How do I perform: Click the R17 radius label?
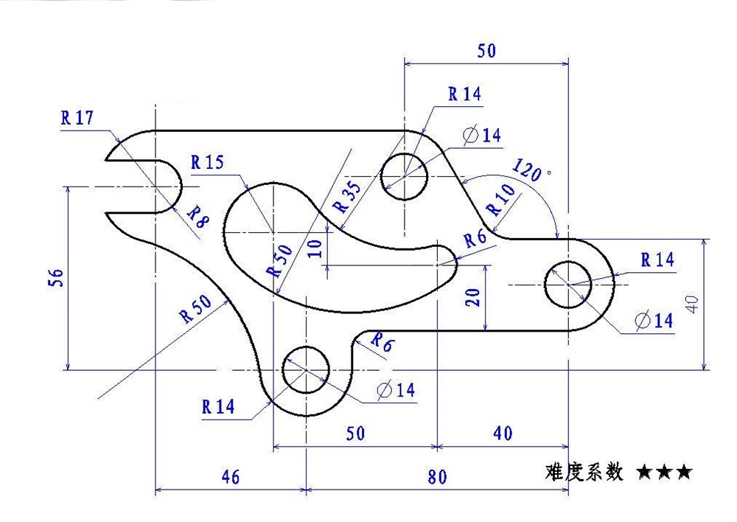(77, 118)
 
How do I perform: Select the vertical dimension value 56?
(58, 276)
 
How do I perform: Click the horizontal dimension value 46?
(230, 477)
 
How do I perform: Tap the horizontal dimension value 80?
(437, 477)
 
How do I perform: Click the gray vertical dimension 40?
(691, 304)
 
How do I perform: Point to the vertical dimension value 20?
(473, 296)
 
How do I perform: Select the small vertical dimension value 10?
(315, 248)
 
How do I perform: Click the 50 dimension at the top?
(486, 51)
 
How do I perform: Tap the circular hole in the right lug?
(568, 285)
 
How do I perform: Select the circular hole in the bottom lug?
(306, 369)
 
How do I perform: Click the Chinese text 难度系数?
(585, 472)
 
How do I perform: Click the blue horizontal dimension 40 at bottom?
(503, 434)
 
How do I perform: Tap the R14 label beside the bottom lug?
(217, 406)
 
